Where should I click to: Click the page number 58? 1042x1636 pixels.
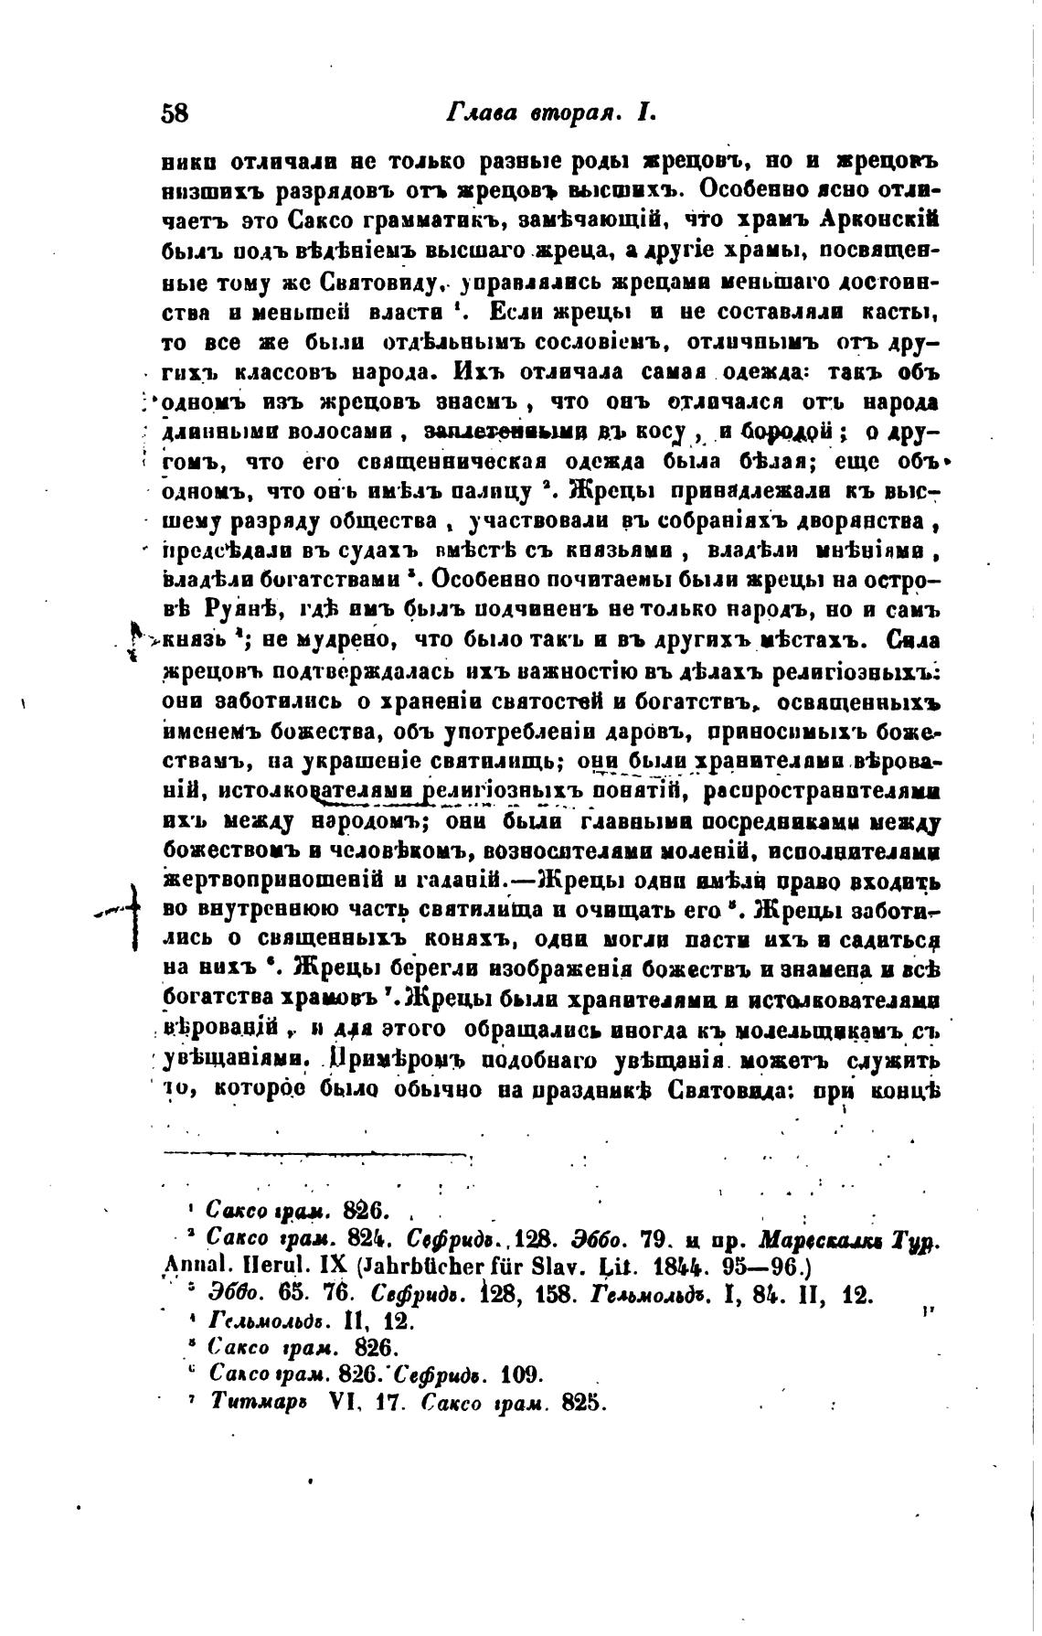[x=174, y=112]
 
